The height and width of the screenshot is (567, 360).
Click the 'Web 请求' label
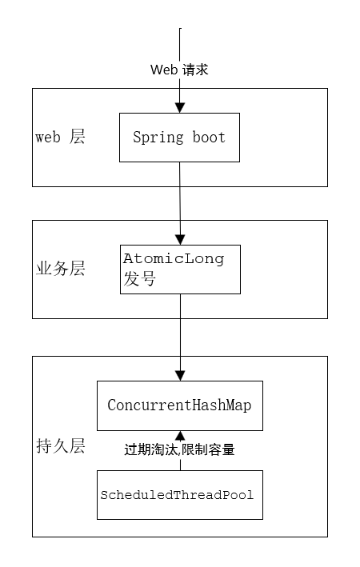tap(179, 70)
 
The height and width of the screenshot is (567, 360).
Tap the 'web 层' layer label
tap(60, 137)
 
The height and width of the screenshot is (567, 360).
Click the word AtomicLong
tap(174, 259)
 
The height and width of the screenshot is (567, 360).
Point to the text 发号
tap(140, 279)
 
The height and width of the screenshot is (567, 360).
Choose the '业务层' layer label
tap(61, 269)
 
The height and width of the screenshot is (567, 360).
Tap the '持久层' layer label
tap(61, 445)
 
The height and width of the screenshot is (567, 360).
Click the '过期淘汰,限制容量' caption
tap(179, 449)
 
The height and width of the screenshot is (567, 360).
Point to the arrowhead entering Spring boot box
tap(180, 108)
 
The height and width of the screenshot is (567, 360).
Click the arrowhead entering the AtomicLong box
tap(180, 240)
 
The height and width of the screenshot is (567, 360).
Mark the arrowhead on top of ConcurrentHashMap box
tap(180, 376)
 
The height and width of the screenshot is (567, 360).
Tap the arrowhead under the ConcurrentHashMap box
tap(180, 435)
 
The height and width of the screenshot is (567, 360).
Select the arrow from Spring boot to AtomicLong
tap(180, 204)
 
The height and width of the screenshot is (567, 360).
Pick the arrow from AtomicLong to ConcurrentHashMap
tap(180, 337)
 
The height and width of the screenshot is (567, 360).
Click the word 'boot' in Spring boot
tap(209, 138)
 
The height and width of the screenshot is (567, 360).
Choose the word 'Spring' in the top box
tap(158, 138)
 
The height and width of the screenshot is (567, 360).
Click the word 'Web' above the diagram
tap(164, 70)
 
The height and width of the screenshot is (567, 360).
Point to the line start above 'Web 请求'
tap(180, 28)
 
